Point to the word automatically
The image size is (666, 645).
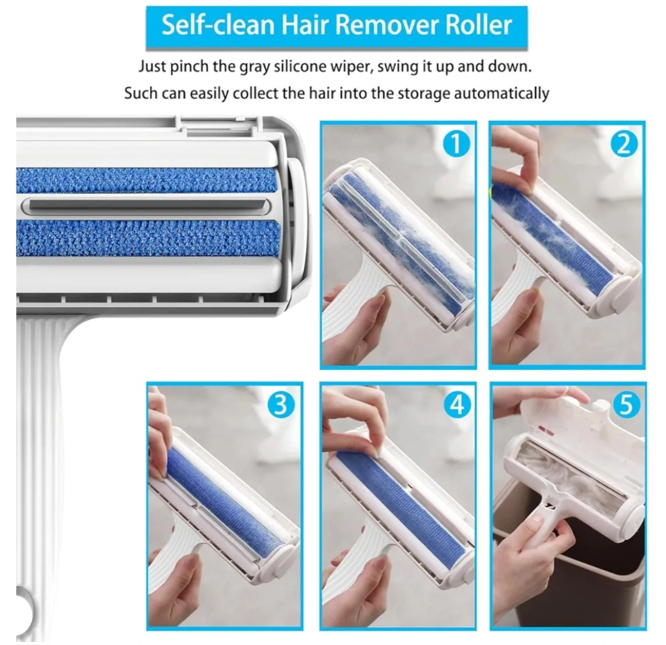pyautogui.click(x=501, y=93)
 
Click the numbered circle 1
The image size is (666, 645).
pyautogui.click(x=456, y=144)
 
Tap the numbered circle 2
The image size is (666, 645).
pyautogui.click(x=624, y=144)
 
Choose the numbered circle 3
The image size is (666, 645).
pyautogui.click(x=281, y=405)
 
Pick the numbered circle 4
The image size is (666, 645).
pyautogui.click(x=457, y=405)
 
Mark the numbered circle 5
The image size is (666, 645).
pyautogui.click(x=626, y=405)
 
